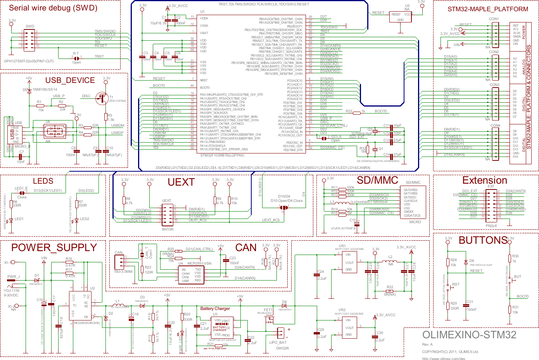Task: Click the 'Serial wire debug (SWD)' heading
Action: pyautogui.click(x=53, y=8)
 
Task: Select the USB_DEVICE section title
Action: pyautogui.click(x=70, y=80)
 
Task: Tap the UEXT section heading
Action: pyautogui.click(x=181, y=182)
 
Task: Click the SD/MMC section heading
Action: pyautogui.click(x=377, y=180)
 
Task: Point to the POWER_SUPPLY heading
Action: pyautogui.click(x=54, y=248)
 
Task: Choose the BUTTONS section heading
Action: pyautogui.click(x=483, y=240)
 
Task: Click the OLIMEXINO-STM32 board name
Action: pyautogui.click(x=469, y=335)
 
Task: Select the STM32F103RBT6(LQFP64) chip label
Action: pyautogui.click(x=222, y=155)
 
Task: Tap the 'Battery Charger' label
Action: pyautogui.click(x=215, y=308)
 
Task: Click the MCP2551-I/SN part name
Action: pyautogui.click(x=199, y=264)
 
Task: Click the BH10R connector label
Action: pyautogui.click(x=168, y=229)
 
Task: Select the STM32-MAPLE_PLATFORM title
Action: pyautogui.click(x=488, y=9)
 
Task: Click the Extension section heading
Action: pyautogui.click(x=485, y=181)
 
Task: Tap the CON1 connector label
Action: pyautogui.click(x=494, y=19)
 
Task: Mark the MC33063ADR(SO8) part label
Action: pyautogui.click(x=87, y=323)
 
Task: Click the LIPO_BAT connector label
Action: pyautogui.click(x=278, y=342)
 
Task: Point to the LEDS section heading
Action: pyautogui.click(x=43, y=181)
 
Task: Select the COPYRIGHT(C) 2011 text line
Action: pyautogui.click(x=450, y=352)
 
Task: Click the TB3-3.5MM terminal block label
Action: pyautogui.click(x=123, y=272)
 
